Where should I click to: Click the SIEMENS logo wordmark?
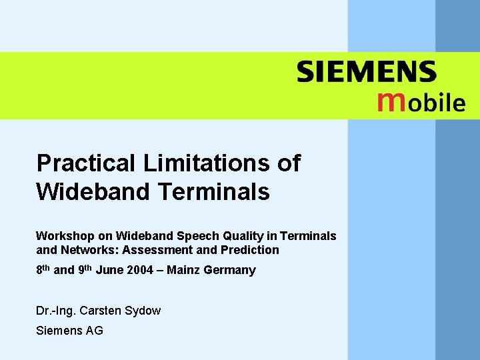pyautogui.click(x=367, y=72)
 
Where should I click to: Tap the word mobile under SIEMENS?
pyautogui.click(x=421, y=101)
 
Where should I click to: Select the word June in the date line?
pyautogui.click(x=110, y=270)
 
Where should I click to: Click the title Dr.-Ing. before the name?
pyautogui.click(x=56, y=311)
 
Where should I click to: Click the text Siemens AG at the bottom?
pyautogui.click(x=69, y=330)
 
